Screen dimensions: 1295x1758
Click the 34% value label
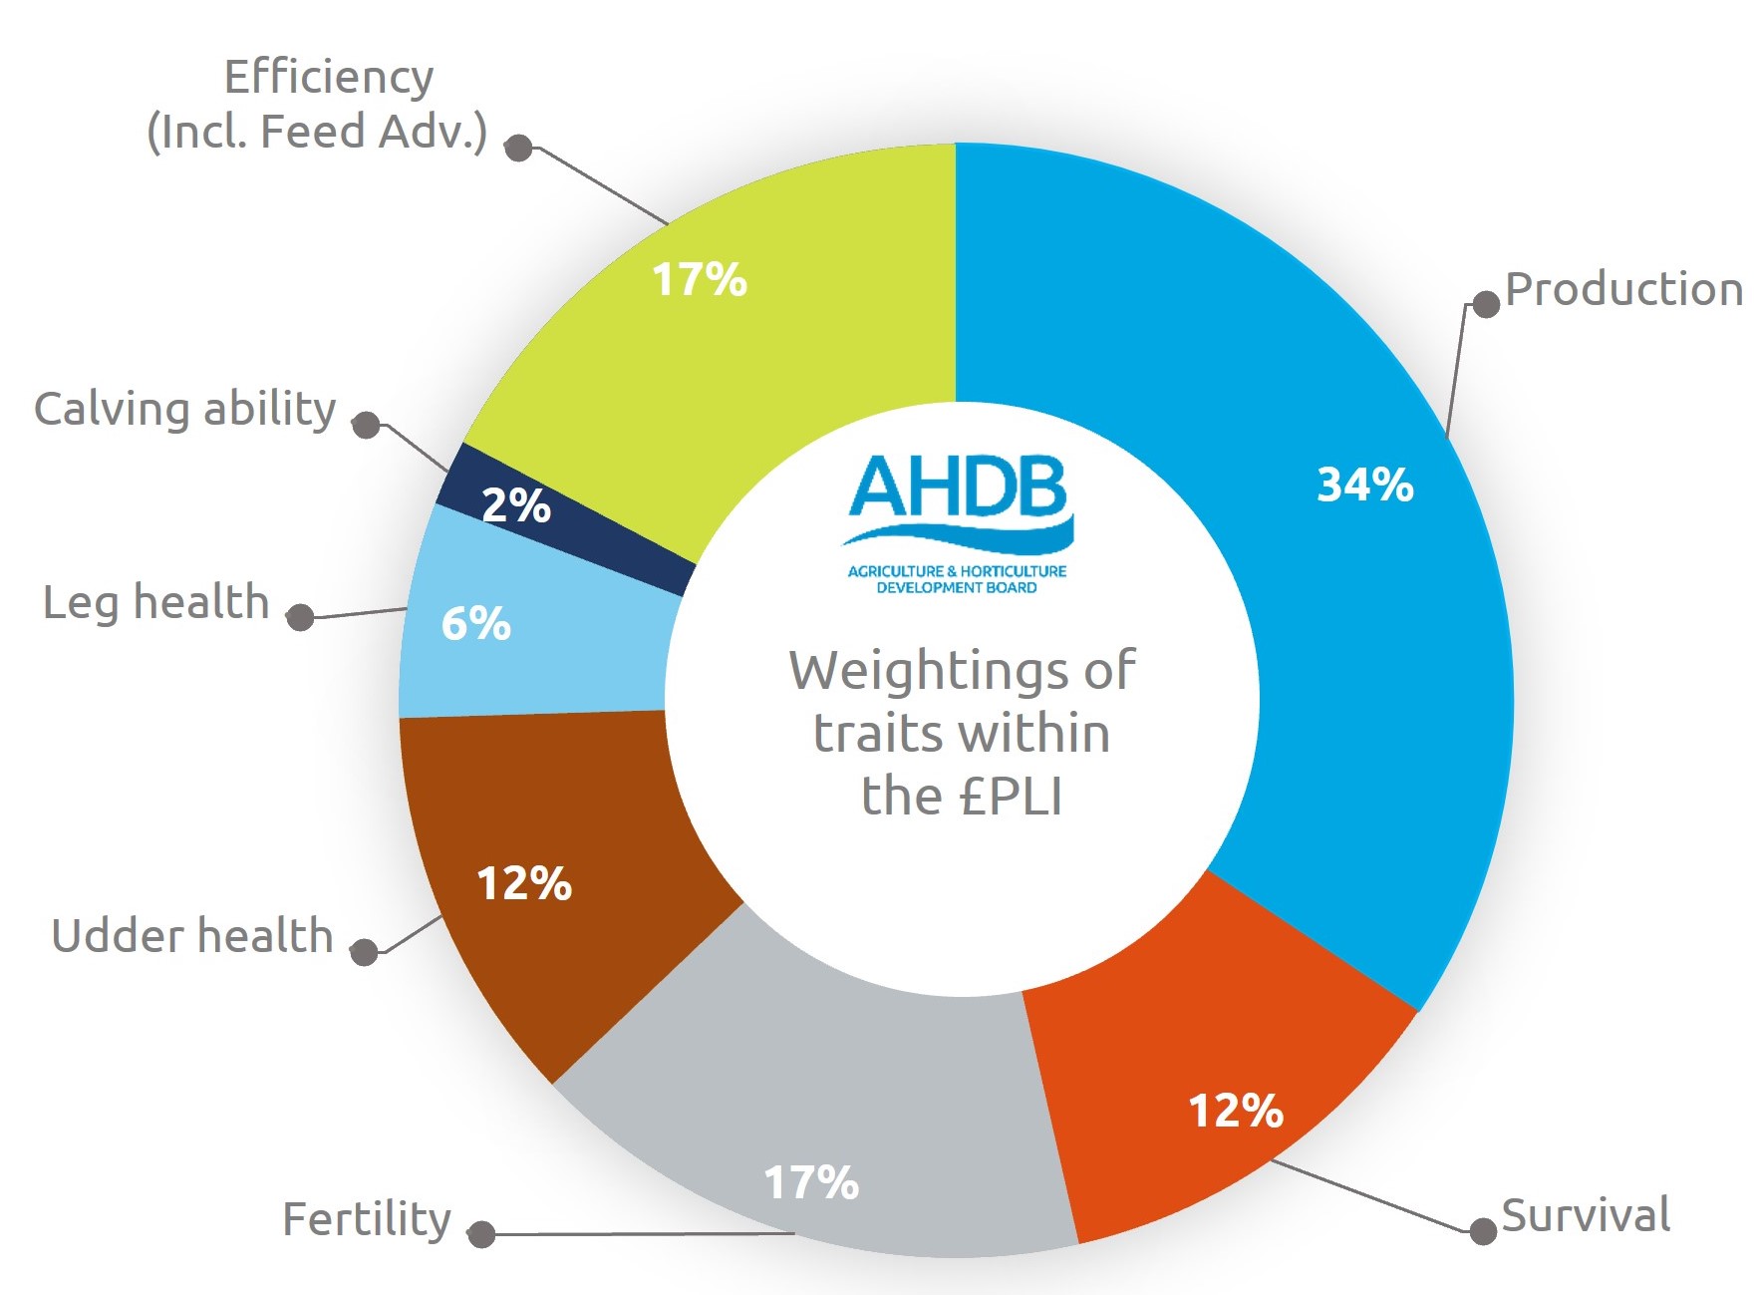pyautogui.click(x=1364, y=485)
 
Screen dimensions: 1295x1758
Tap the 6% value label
pyautogui.click(x=475, y=624)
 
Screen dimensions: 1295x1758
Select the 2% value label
pyautogui.click(x=515, y=505)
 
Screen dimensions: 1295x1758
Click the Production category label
pyautogui.click(x=1623, y=289)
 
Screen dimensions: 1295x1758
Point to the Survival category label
pyautogui.click(x=1586, y=1215)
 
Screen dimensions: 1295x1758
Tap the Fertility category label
pyautogui.click(x=367, y=1219)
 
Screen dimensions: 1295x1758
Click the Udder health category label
pyautogui.click(x=192, y=936)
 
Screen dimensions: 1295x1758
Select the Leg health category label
pyautogui.click(x=156, y=603)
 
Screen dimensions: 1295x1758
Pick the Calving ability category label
pyautogui.click(x=185, y=410)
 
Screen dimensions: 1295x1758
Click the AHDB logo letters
pyautogui.click(x=959, y=488)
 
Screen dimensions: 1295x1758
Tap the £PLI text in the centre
pyautogui.click(x=1011, y=797)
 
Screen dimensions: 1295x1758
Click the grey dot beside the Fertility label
pyautogui.click(x=481, y=1234)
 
